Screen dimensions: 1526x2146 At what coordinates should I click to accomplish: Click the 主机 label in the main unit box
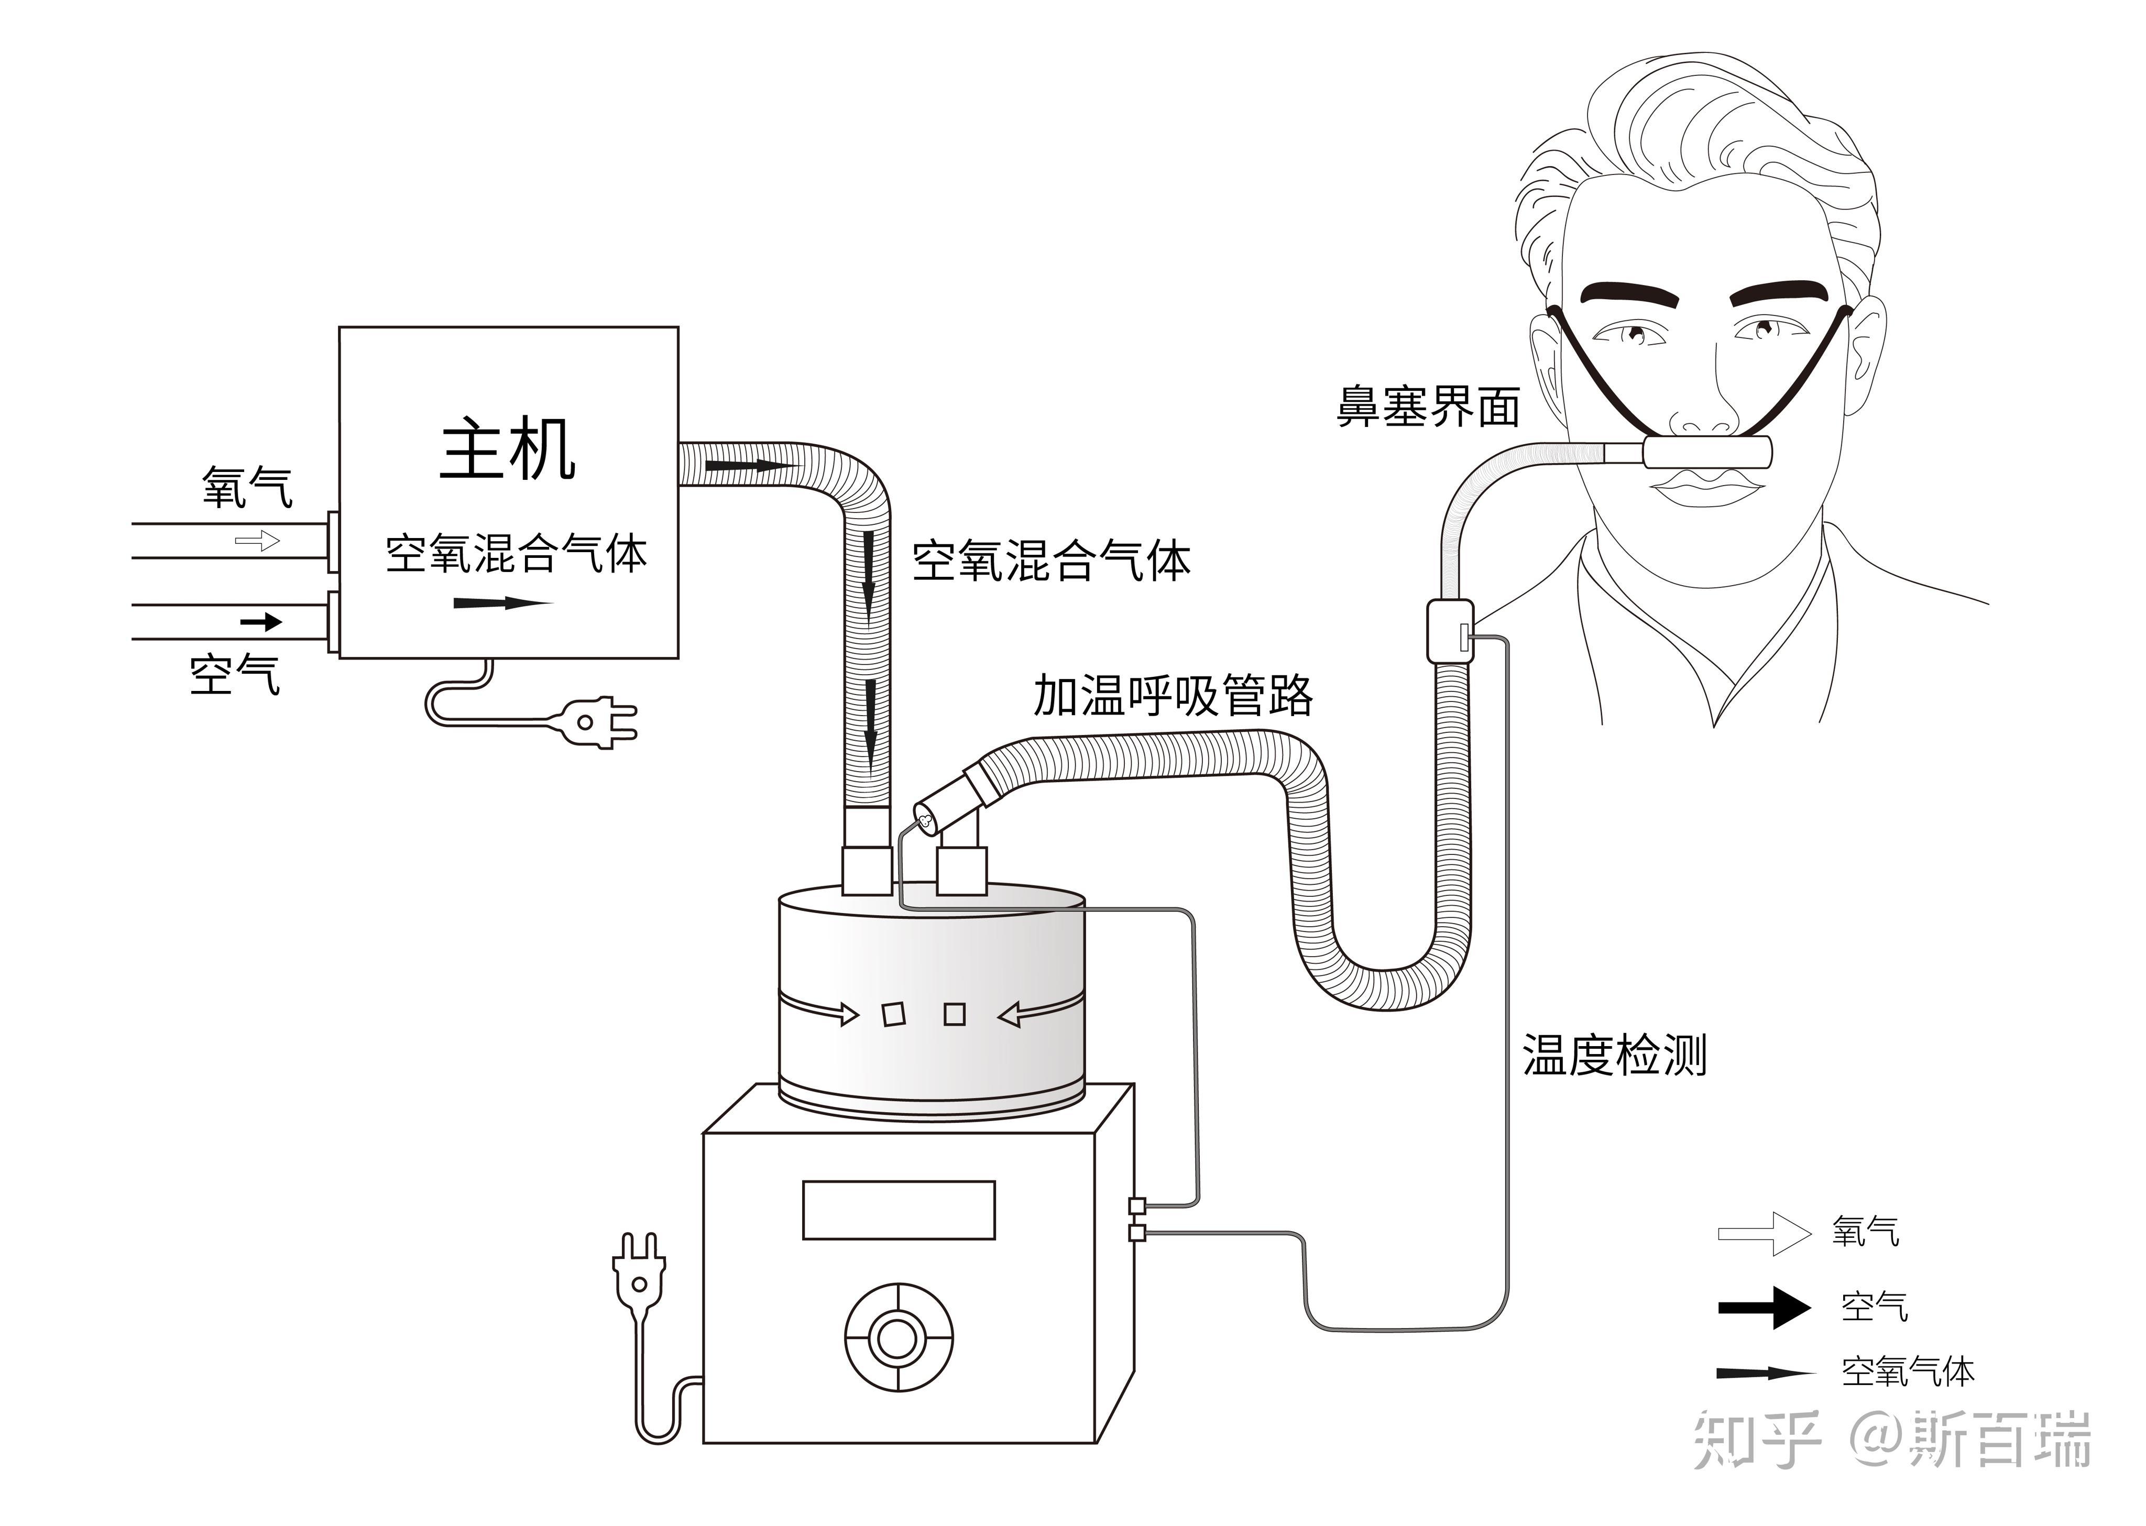coord(507,451)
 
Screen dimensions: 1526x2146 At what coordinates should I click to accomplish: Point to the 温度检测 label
coord(1614,1055)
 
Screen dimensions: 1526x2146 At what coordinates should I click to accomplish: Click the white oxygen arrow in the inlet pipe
coord(257,540)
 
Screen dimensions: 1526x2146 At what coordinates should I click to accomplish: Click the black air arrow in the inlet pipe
coord(261,622)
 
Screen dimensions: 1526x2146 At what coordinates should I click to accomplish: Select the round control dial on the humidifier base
coord(898,1337)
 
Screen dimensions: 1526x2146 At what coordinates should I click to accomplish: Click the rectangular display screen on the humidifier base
coord(898,1210)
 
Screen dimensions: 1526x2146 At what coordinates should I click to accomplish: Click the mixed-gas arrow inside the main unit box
coord(502,602)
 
